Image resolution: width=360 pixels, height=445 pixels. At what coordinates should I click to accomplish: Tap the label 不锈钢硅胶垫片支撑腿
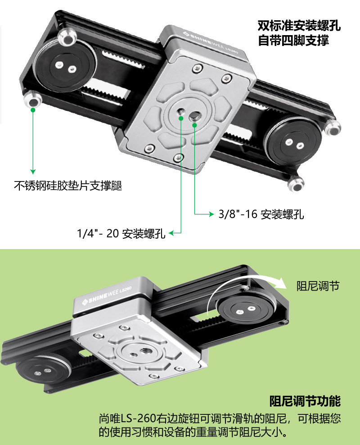[68, 186]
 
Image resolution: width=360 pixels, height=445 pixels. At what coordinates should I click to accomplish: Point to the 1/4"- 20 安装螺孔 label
[121, 233]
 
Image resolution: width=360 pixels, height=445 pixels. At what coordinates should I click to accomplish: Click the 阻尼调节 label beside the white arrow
[318, 286]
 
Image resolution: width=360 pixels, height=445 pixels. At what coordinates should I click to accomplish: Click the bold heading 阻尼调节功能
[305, 400]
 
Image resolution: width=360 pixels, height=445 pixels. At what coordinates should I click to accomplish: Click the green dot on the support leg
[33, 109]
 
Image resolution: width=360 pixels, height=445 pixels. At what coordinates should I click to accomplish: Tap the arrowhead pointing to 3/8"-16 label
[211, 214]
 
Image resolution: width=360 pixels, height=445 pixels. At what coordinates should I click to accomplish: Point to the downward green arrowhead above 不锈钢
[32, 172]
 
